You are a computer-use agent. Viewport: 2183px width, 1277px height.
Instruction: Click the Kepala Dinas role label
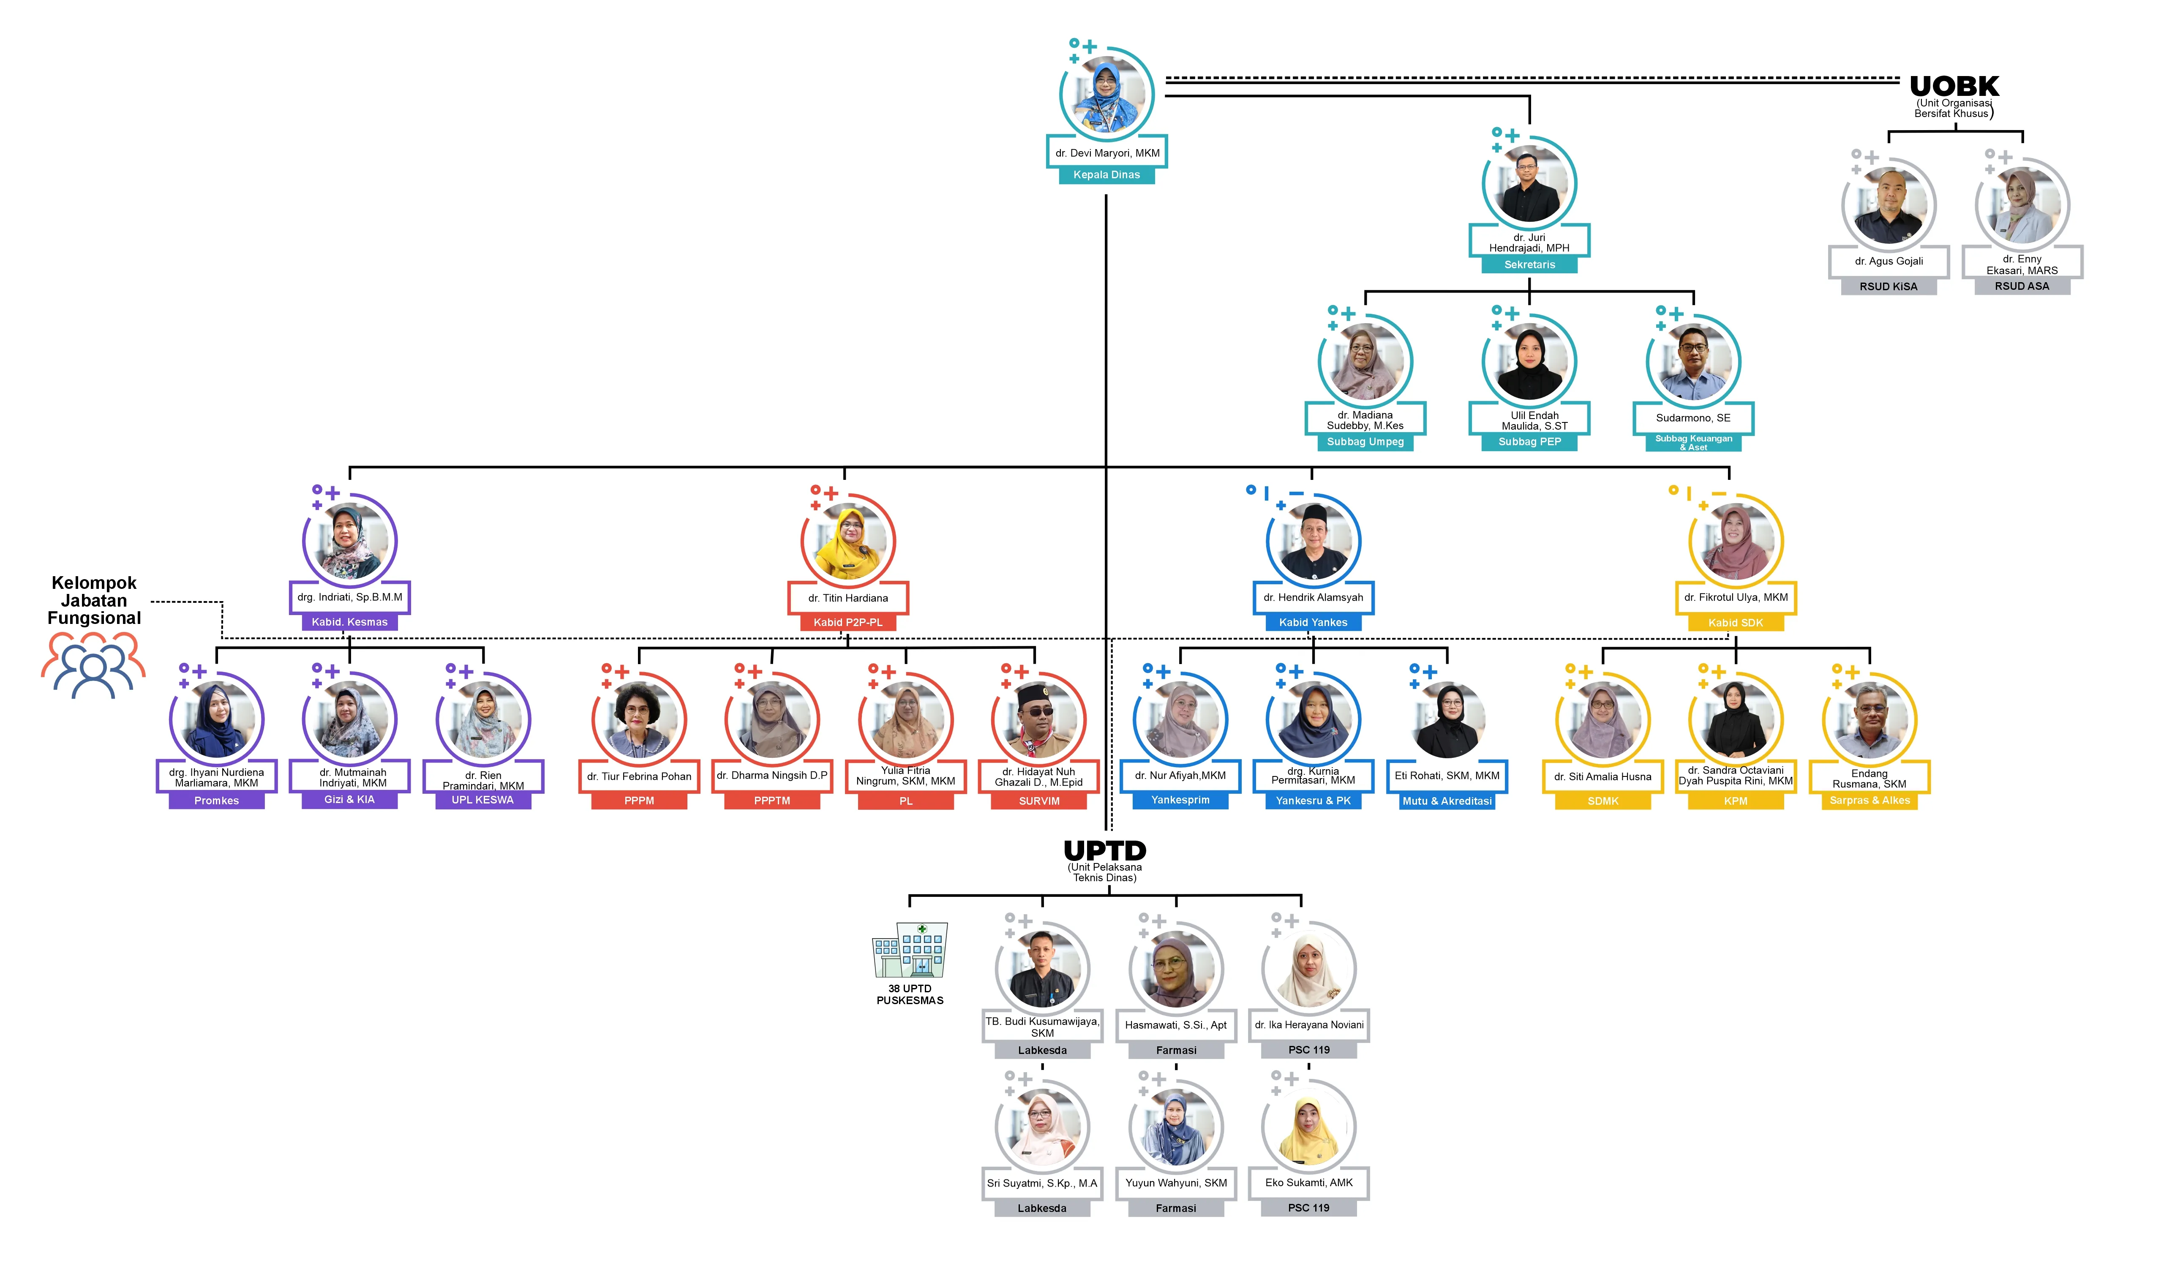[x=1106, y=175]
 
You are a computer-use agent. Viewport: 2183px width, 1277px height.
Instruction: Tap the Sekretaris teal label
[x=1529, y=265]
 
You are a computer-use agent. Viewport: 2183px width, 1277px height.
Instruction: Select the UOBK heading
[x=1954, y=86]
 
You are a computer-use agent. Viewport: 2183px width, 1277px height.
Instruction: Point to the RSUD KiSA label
[x=1889, y=287]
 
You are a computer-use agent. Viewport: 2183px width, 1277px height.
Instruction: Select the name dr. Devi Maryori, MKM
[x=1107, y=153]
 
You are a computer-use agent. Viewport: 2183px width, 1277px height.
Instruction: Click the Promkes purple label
[x=217, y=801]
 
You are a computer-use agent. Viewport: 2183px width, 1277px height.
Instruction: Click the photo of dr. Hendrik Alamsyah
[x=1313, y=542]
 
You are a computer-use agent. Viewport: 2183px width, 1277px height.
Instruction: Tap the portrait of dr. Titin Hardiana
[x=848, y=542]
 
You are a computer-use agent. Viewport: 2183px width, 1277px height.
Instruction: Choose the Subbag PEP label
[x=1529, y=442]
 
